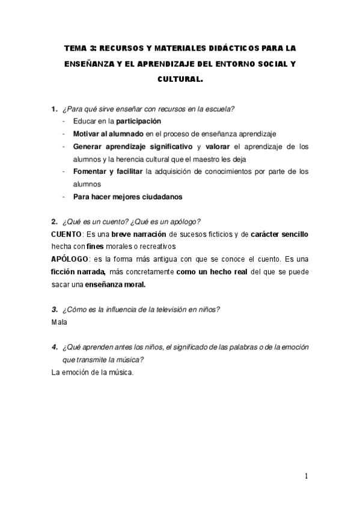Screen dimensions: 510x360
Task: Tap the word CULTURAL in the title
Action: [x=180, y=78]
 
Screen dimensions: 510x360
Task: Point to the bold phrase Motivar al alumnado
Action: [x=108, y=134]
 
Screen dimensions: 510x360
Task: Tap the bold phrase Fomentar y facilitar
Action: [x=108, y=171]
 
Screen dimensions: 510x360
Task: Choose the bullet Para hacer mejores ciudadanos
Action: [x=128, y=197]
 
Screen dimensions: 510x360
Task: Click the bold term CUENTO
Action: [x=66, y=234]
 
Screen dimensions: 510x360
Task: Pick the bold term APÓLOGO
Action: [x=70, y=259]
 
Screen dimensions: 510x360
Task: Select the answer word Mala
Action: [x=59, y=322]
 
